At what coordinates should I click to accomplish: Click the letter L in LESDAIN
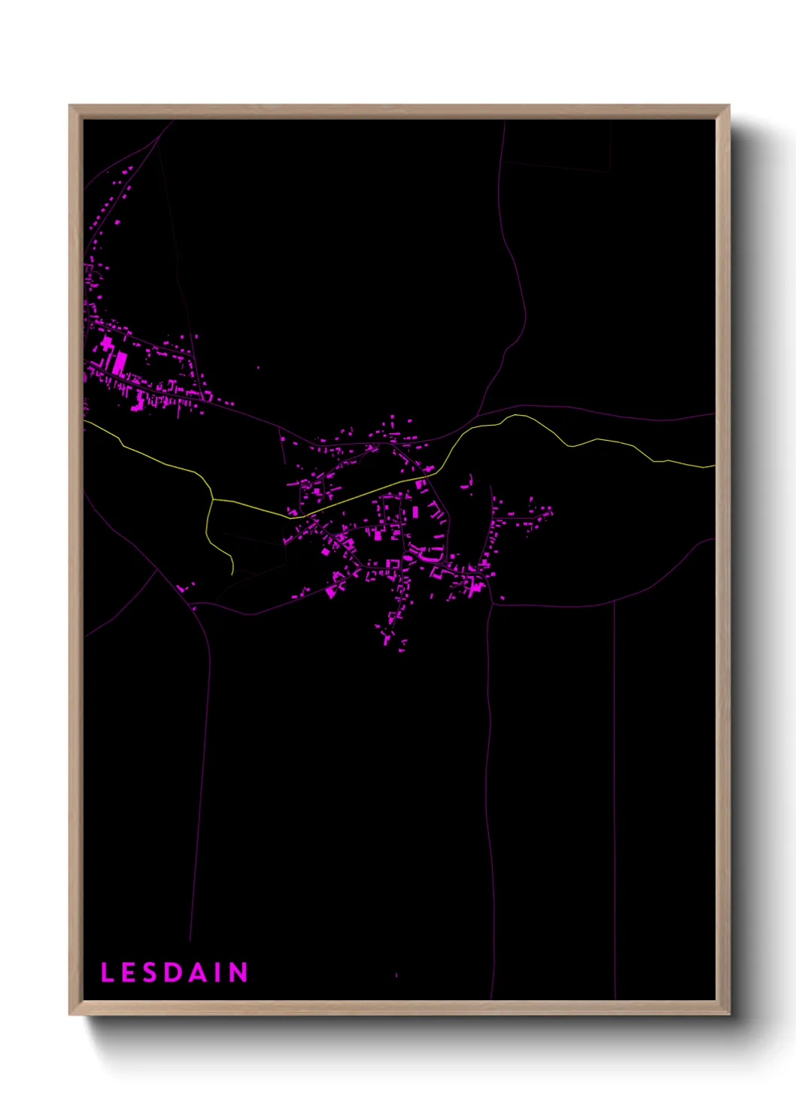107,972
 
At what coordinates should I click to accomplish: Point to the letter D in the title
173,972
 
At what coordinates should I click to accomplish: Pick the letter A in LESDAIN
197,972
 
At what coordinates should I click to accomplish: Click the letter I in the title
217,972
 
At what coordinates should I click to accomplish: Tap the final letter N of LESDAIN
238,972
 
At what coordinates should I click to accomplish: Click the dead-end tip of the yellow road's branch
233,574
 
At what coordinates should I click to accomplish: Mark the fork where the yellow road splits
214,499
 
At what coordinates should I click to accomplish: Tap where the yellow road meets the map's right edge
714,466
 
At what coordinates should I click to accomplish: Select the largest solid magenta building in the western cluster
120,363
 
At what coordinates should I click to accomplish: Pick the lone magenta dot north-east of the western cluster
258,368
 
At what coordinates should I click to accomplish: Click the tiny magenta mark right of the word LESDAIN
396,975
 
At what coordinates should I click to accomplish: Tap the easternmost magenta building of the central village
551,511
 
